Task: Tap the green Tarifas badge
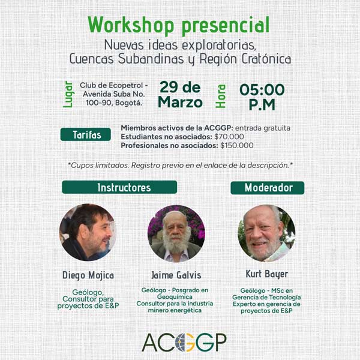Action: [x=86, y=134]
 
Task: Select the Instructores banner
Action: [x=119, y=187]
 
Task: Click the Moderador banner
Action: [x=268, y=188]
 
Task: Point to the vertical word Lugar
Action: [x=68, y=94]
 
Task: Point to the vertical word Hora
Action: [x=221, y=96]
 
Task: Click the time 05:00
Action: [x=262, y=89]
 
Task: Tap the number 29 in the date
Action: [x=169, y=87]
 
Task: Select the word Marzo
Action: [x=180, y=102]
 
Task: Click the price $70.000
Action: [x=229, y=137]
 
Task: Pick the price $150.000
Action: [x=237, y=145]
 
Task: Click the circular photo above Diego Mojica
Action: [x=88, y=232]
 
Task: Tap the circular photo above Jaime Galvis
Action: [x=176, y=234]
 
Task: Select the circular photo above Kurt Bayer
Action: [x=266, y=233]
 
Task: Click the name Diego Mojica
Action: [x=88, y=275]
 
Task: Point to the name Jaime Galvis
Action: [x=176, y=275]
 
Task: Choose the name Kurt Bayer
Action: [x=267, y=274]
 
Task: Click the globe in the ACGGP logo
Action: [x=184, y=343]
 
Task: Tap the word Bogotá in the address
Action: [x=128, y=103]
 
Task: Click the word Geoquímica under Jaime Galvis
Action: [x=175, y=297]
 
